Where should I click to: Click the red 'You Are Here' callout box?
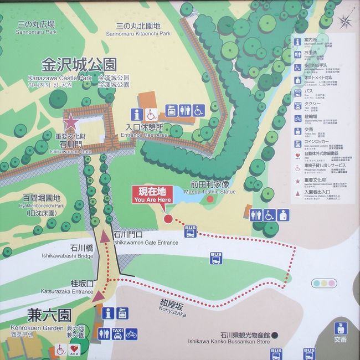coord(152,194)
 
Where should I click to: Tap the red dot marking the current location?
coord(169,219)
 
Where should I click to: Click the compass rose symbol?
coord(345,22)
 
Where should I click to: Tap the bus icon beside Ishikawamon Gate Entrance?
coord(191,232)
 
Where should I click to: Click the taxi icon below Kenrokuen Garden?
coord(117,334)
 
